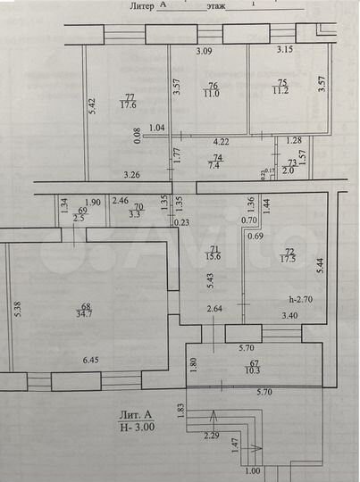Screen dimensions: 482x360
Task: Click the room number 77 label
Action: (x=130, y=96)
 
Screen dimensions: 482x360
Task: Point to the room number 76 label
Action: (x=213, y=86)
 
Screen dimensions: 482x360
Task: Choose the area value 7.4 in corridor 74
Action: (x=215, y=164)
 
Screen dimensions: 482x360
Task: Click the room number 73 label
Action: (x=291, y=162)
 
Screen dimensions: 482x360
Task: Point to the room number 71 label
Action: (x=213, y=249)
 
